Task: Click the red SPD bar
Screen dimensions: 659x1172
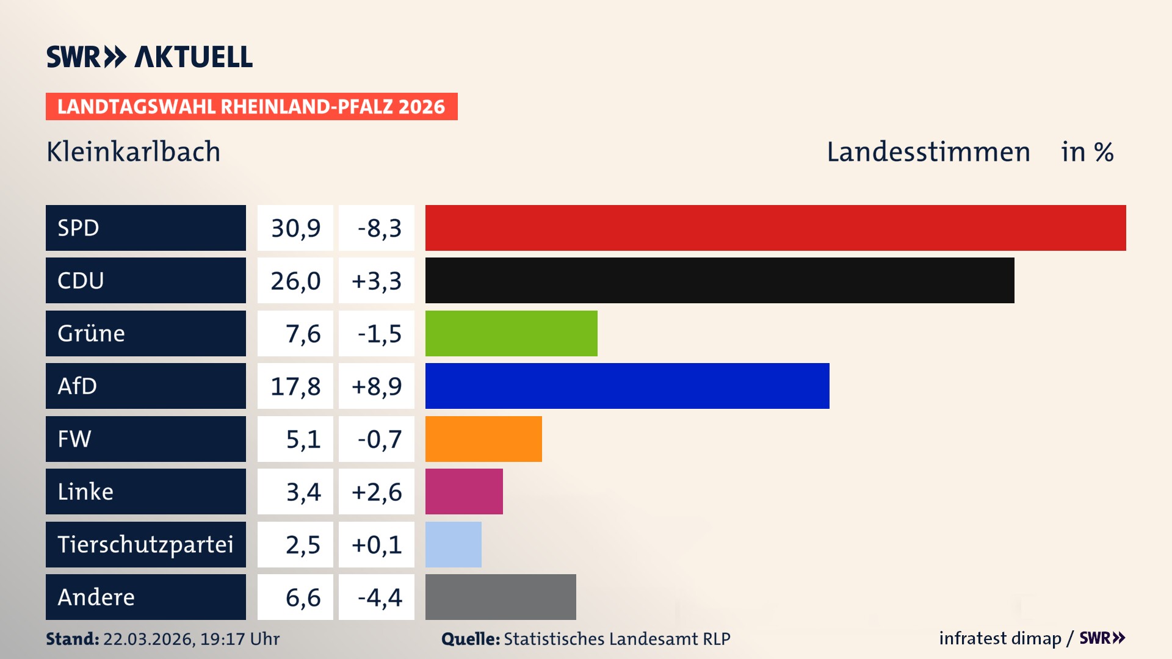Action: click(x=775, y=228)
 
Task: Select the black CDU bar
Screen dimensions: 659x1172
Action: click(x=719, y=280)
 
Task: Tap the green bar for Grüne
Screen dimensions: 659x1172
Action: click(x=511, y=333)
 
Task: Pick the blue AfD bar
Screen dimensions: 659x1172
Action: click(x=627, y=386)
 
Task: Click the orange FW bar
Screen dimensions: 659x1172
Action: click(x=483, y=439)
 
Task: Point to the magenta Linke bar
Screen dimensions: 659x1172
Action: click(x=463, y=491)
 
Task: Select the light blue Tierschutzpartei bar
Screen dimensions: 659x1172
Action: click(x=453, y=544)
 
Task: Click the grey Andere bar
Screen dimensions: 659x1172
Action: click(x=500, y=597)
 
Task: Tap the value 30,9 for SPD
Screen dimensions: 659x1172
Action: click(x=295, y=228)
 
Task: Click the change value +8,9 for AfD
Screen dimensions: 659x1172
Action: click(x=377, y=386)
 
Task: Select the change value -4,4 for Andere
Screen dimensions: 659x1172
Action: click(x=379, y=597)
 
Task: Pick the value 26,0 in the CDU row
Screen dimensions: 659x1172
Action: click(x=295, y=281)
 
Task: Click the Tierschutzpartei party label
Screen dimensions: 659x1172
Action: click(x=145, y=544)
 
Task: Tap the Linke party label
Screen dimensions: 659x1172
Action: click(x=85, y=491)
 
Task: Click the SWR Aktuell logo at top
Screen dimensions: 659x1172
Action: click(x=149, y=57)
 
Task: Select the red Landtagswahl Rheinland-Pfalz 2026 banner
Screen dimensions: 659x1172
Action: click(x=251, y=107)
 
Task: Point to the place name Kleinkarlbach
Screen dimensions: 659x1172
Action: click(x=133, y=152)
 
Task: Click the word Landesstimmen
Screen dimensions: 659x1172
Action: click(x=928, y=152)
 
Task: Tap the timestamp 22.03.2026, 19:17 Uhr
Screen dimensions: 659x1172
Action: click(x=191, y=639)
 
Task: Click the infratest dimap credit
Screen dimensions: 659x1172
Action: click(x=1000, y=638)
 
